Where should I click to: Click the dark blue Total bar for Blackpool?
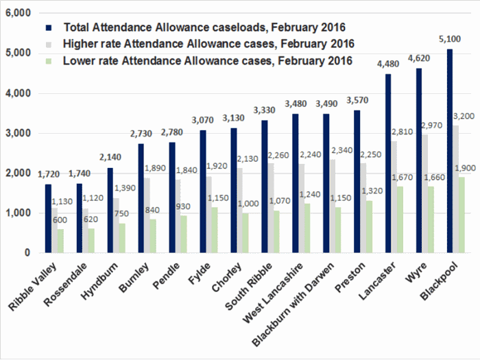coord(449,151)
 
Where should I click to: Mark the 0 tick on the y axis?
coord(26,252)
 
